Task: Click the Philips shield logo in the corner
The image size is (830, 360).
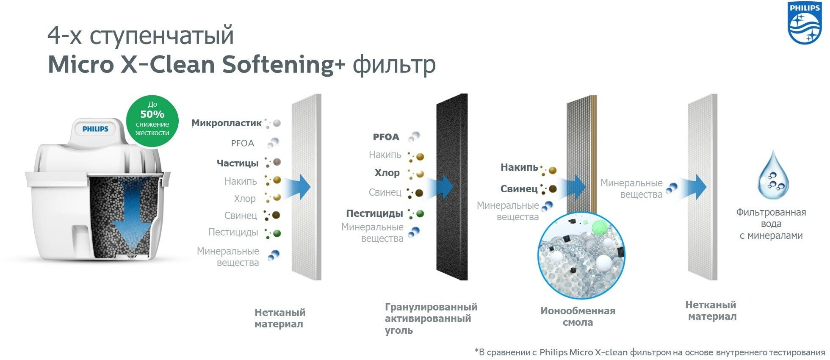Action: point(804,23)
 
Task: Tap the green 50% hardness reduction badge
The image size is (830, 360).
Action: point(152,120)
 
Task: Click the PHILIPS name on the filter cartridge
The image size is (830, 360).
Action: point(95,129)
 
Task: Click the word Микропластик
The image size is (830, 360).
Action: point(227,123)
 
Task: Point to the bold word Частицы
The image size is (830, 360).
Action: point(238,163)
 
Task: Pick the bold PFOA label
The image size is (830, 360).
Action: point(386,137)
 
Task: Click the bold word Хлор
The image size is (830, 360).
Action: point(387,173)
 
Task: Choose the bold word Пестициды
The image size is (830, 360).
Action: point(374,213)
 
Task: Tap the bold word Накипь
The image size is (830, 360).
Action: point(519,167)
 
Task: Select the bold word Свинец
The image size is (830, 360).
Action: point(519,189)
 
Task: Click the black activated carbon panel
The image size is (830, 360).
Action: point(452,237)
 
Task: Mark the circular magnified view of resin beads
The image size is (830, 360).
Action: point(581,255)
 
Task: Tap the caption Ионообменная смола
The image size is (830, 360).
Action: point(578,316)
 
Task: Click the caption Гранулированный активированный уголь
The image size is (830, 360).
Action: point(431,318)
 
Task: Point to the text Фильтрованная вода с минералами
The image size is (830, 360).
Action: point(771,224)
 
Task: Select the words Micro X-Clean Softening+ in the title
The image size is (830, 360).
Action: point(196,64)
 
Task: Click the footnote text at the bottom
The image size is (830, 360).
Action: point(650,352)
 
